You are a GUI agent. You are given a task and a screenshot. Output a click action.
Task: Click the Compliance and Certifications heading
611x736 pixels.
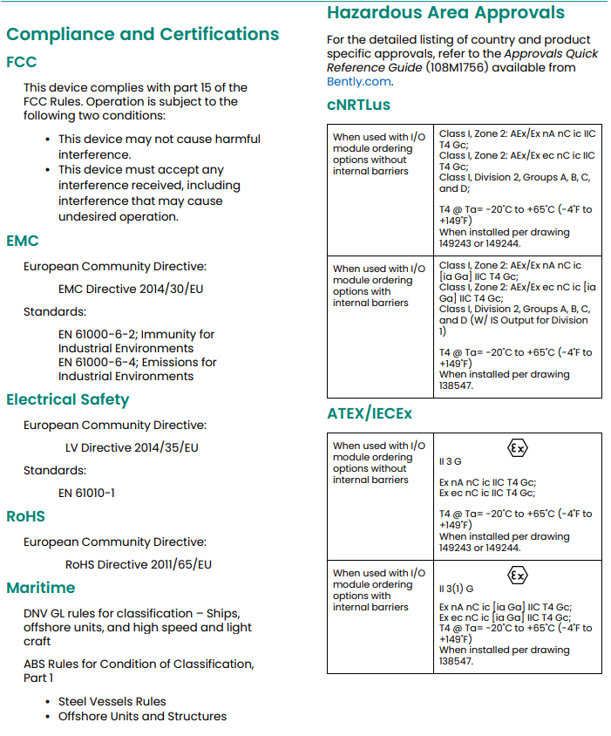coord(142,35)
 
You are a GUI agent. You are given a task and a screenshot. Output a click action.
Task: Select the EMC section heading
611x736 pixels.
coord(23,241)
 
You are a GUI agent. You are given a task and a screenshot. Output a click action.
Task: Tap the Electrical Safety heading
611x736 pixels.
coord(67,399)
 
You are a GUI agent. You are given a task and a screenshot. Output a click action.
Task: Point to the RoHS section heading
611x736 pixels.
coord(25,516)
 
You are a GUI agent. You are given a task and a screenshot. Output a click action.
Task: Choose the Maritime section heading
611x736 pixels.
coord(41,588)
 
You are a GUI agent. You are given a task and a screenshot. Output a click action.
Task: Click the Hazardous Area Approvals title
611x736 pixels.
coord(445,13)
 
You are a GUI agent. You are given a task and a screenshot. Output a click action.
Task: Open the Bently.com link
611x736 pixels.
coord(358,82)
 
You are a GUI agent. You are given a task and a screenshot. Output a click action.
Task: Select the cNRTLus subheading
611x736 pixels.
coord(358,106)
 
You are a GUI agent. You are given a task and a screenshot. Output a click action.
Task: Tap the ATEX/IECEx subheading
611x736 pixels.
coord(370,414)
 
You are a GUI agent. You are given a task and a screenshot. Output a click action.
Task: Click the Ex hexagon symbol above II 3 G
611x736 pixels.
coord(517,448)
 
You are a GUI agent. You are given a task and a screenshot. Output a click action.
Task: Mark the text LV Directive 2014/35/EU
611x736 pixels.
coord(132,447)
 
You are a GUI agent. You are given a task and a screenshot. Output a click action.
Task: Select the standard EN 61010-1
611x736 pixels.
coord(86,493)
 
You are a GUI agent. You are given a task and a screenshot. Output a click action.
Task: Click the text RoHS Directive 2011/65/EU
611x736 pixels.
coord(138,564)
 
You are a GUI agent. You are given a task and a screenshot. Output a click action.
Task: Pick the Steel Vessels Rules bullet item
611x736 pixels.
coord(112,701)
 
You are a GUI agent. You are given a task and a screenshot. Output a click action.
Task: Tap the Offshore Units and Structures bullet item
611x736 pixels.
coord(142,716)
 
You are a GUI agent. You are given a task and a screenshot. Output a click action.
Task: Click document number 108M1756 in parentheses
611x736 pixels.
coord(459,68)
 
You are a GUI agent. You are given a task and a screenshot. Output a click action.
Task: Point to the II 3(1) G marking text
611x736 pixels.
coord(456,589)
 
